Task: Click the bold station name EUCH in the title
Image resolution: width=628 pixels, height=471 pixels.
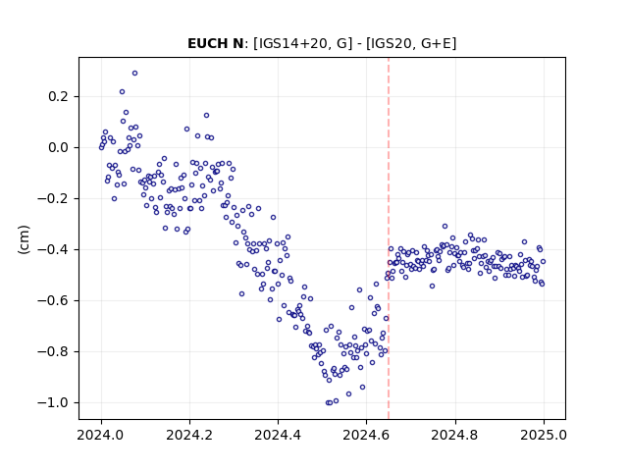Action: (x=207, y=43)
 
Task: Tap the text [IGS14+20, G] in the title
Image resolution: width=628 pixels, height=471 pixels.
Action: (x=303, y=43)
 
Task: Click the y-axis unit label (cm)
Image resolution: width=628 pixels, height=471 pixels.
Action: (x=24, y=239)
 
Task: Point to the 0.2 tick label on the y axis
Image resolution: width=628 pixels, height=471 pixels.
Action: (x=59, y=96)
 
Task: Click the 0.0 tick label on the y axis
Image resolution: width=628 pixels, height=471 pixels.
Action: (x=59, y=147)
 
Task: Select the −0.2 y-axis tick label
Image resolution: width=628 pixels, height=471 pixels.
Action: (x=53, y=198)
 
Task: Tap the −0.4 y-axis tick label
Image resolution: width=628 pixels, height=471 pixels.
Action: (x=53, y=249)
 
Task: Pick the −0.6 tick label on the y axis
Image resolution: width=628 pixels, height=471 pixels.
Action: (x=53, y=300)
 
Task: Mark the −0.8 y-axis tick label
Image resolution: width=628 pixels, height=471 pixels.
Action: (x=53, y=351)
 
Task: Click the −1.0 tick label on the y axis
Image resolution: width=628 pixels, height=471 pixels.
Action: (x=53, y=402)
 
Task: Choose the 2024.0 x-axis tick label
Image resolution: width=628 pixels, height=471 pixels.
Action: (x=101, y=435)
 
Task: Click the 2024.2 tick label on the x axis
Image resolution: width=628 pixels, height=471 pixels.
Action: (x=189, y=435)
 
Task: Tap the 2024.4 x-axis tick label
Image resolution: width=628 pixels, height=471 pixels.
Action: (x=278, y=435)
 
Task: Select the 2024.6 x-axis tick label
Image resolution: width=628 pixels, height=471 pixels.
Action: (x=366, y=435)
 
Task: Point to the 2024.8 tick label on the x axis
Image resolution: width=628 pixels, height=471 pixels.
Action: (x=455, y=435)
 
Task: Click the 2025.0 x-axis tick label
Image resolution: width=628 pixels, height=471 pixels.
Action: (x=544, y=435)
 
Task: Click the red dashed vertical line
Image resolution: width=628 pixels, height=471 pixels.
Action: (x=389, y=238)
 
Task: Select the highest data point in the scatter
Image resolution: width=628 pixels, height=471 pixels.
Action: (x=135, y=73)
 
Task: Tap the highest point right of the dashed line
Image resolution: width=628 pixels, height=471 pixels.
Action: (x=445, y=227)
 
